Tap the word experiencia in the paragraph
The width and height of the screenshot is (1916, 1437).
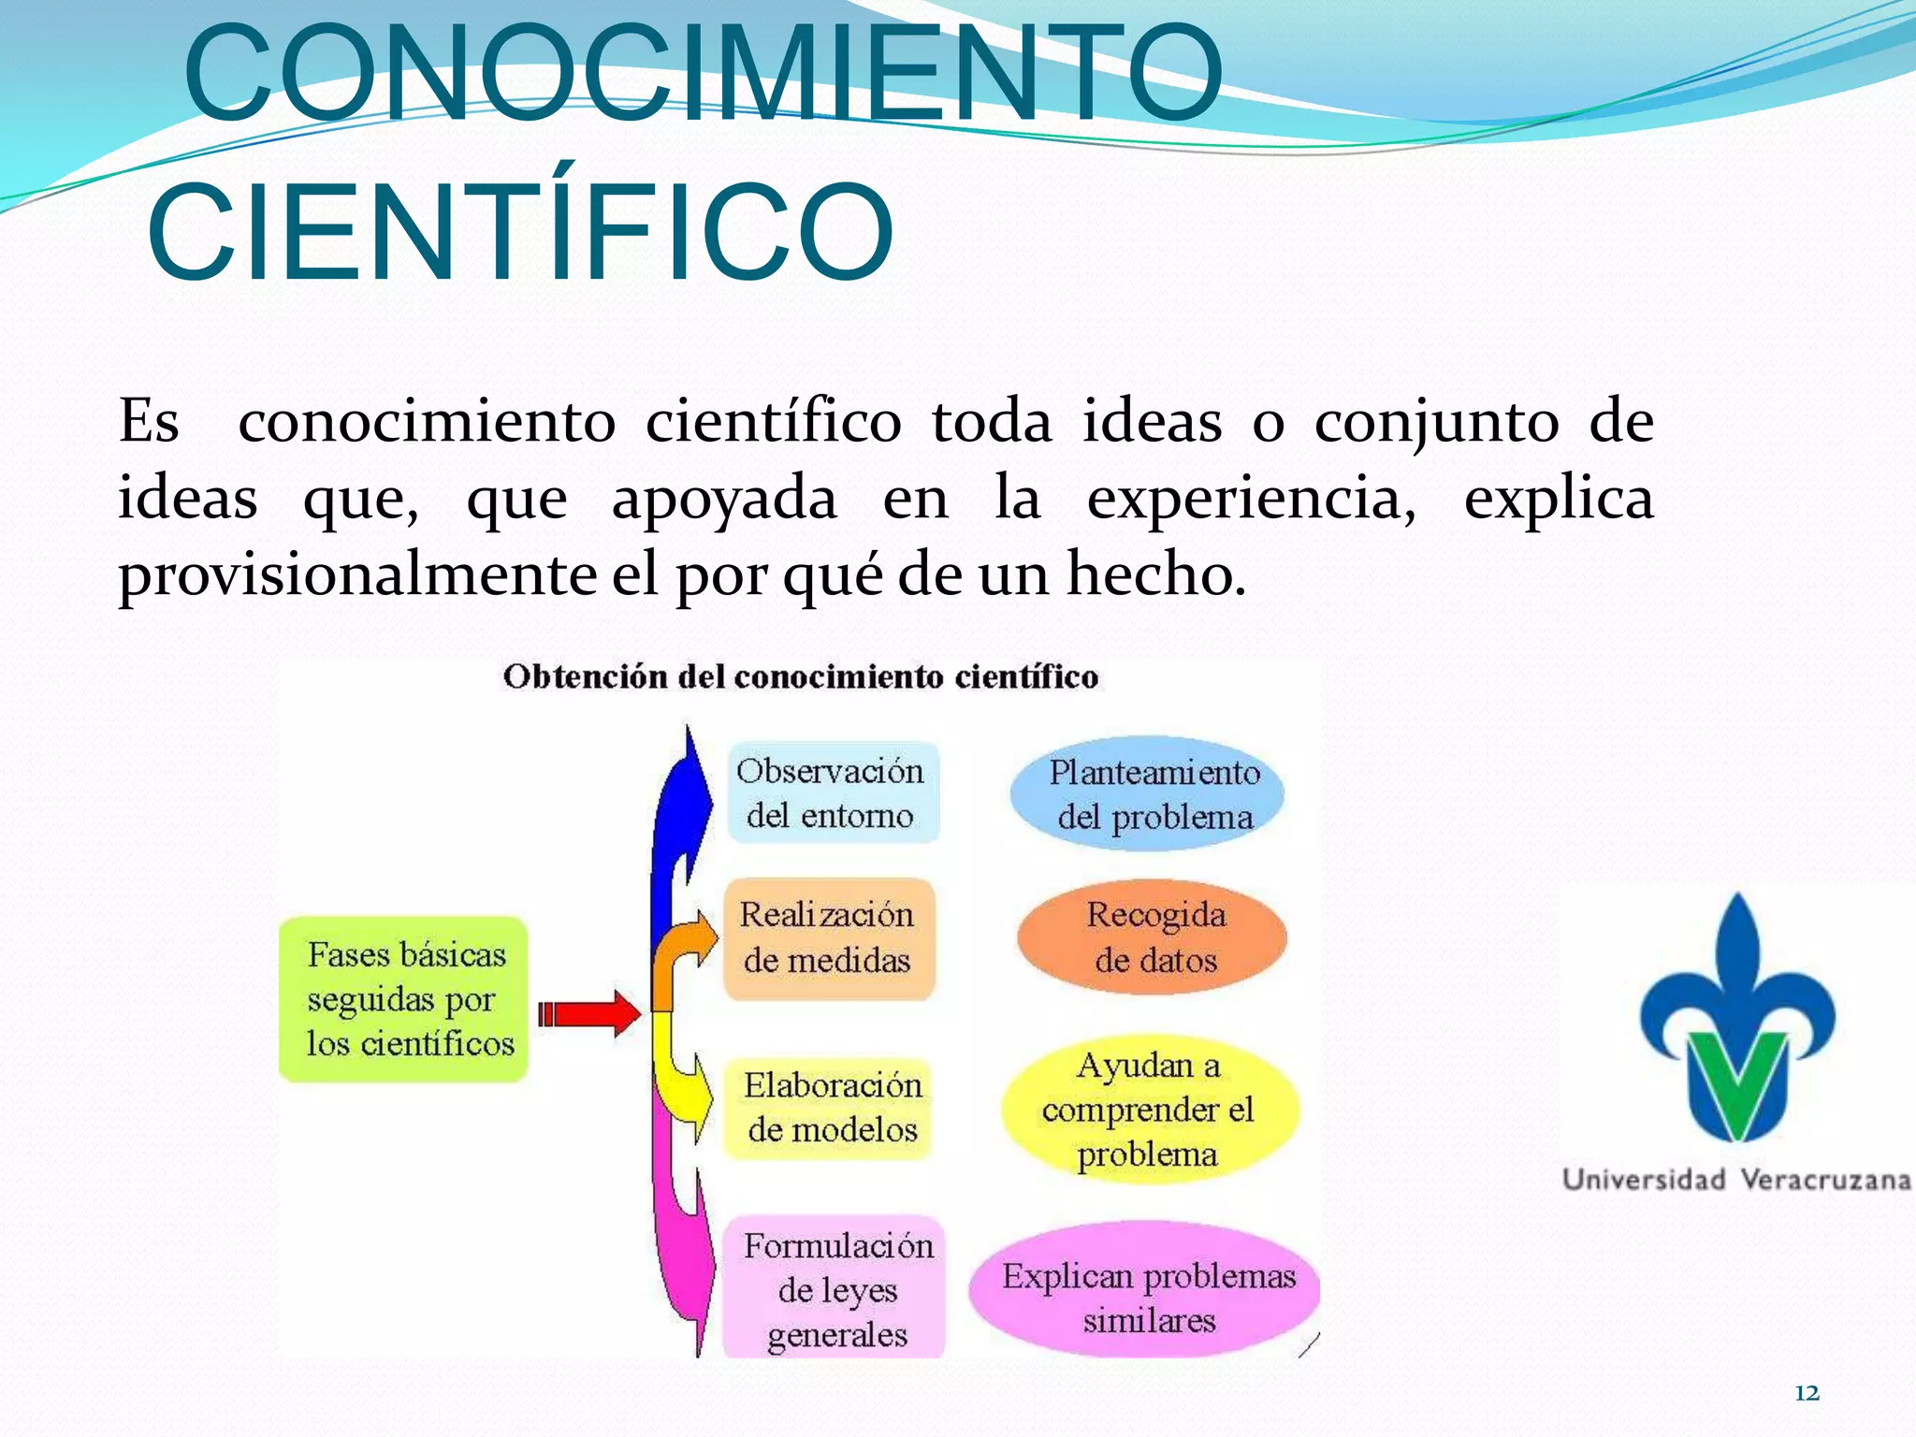1251,499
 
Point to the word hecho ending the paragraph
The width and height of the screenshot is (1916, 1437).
1155,575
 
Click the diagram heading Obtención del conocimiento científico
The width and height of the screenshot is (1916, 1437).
800,676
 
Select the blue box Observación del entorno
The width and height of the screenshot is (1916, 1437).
832,792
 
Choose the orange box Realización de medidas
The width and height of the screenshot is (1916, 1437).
828,937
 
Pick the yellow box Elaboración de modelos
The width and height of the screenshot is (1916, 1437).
830,1108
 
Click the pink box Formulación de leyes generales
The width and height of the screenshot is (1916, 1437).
835,1289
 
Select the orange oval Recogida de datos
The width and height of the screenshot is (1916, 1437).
1153,937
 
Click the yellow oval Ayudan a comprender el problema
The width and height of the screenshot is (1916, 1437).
1148,1110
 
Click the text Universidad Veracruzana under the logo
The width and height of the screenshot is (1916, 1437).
1736,1180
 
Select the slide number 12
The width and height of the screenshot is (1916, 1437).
1807,1393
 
